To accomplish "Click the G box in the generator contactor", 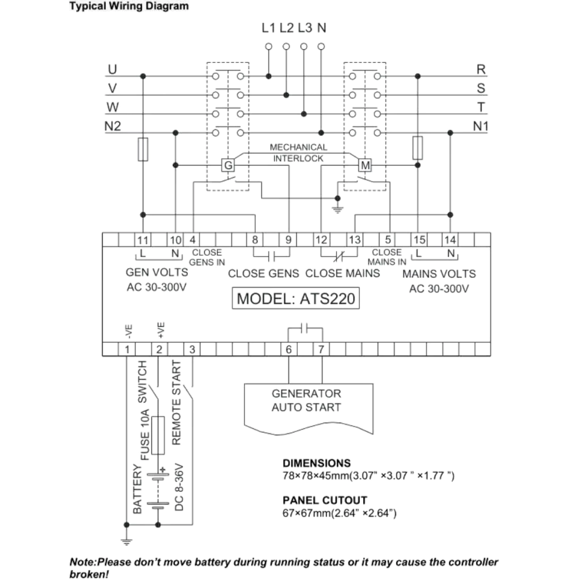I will [x=228, y=165].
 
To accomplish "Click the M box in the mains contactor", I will [x=365, y=165].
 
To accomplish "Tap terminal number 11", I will [x=142, y=240].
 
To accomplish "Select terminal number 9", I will [x=289, y=240].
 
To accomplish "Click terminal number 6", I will [x=289, y=350].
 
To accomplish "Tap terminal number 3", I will [x=192, y=350].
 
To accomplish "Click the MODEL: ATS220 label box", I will [x=296, y=298].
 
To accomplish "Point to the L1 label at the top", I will [x=268, y=28].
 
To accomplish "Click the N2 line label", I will [x=113, y=126].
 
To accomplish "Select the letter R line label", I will [x=481, y=70].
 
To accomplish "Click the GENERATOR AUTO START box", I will [x=307, y=401].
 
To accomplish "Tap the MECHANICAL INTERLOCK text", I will [x=298, y=153].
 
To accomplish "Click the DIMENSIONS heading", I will [x=317, y=463].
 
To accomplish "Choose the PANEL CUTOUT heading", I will [x=325, y=500].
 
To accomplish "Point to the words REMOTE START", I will [x=176, y=402].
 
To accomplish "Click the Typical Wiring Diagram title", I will [x=129, y=7].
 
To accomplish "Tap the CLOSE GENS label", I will [x=263, y=273].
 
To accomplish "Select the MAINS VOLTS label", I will [x=439, y=273].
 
